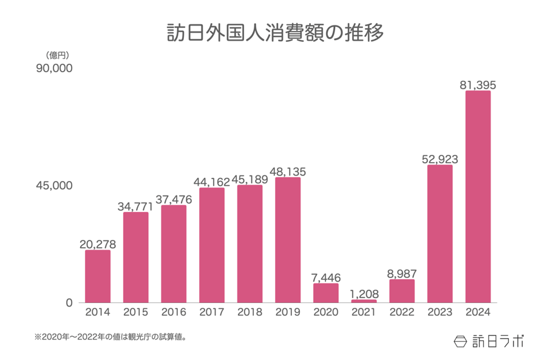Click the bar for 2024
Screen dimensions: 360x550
click(478, 197)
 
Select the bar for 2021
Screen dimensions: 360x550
click(364, 301)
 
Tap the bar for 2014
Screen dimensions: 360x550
click(98, 276)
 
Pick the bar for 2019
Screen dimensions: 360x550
click(288, 240)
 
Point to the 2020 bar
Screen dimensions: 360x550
click(326, 293)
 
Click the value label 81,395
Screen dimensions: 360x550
click(478, 85)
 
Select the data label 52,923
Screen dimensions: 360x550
click(440, 159)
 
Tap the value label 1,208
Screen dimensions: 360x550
click(364, 294)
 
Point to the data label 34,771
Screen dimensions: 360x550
click(135, 206)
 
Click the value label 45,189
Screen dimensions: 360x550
click(250, 179)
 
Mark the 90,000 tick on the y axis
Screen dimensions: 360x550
click(54, 69)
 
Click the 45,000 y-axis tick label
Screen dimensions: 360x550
click(54, 185)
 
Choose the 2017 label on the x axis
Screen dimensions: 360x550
click(212, 313)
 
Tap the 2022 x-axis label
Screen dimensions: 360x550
click(402, 313)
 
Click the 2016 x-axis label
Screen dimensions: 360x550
click(174, 313)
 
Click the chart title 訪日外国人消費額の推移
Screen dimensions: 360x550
click(275, 32)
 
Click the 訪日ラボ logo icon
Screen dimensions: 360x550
click(461, 341)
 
